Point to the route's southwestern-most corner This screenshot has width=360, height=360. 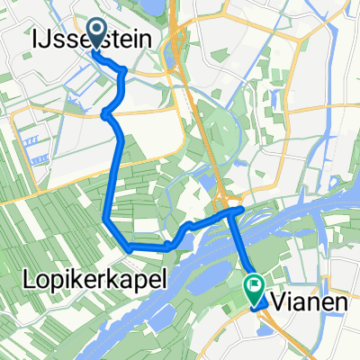[129, 246]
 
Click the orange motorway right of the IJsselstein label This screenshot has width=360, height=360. [181, 40]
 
